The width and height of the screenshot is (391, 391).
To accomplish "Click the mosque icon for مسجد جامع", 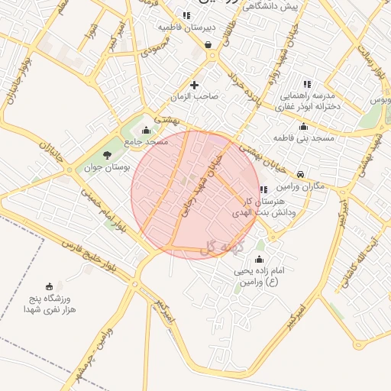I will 147,130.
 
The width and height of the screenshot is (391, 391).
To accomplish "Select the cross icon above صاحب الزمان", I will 194,85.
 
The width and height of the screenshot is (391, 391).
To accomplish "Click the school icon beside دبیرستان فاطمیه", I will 187,15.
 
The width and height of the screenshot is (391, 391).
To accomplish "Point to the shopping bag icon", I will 208,44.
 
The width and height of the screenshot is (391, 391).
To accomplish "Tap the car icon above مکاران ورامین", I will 302,174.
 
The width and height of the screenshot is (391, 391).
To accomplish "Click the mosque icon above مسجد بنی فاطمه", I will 304,126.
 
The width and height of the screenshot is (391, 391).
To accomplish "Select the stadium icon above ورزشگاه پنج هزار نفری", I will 50,285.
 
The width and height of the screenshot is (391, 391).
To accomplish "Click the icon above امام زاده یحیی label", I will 258,258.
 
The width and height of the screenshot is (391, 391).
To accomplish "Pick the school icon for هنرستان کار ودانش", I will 263,189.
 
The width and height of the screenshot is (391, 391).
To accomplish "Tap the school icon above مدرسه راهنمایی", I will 307,84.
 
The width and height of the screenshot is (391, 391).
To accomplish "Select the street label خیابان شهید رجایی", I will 198,186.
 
